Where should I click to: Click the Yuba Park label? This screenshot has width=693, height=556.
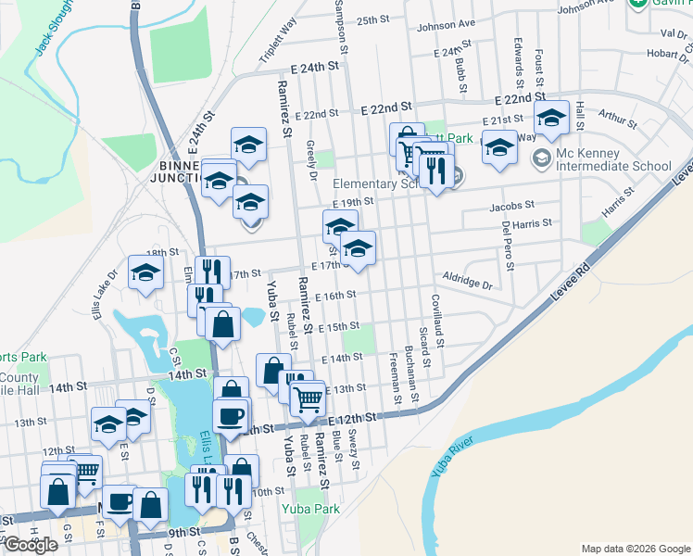310,509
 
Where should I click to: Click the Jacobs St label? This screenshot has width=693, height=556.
512,206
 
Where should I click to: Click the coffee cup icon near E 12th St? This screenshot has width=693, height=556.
231,414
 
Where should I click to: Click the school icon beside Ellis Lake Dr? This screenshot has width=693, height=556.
145,272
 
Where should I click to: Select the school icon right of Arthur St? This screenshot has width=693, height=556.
551,118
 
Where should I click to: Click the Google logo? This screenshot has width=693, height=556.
31,545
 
